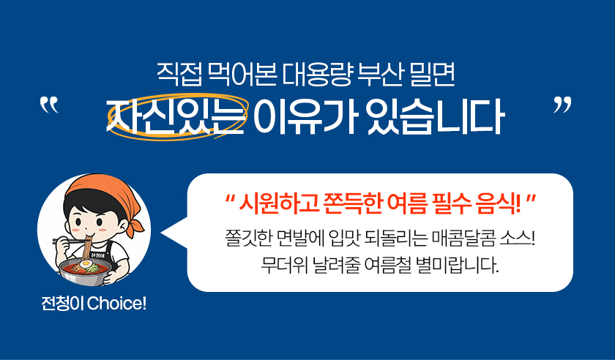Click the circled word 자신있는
point(176,116)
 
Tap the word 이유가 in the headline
point(305,116)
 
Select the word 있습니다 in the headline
point(435,116)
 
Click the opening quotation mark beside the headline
point(49,105)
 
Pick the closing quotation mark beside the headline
point(562,105)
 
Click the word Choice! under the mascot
point(116,304)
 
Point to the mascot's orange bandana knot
point(135,227)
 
